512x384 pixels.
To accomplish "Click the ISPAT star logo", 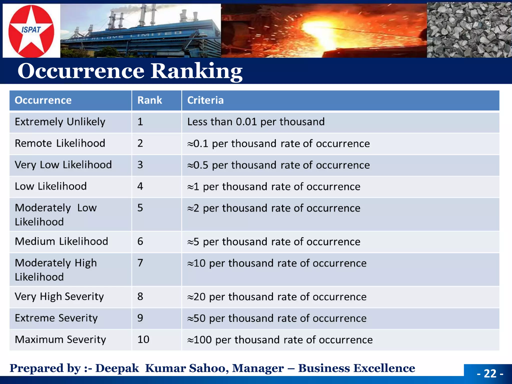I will coord(31,31).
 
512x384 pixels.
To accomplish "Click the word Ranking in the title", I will coord(196,71).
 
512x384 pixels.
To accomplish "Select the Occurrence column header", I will coord(43,100).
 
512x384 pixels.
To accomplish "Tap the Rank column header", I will coord(150,100).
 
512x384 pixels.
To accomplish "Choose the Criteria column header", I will coord(205,100).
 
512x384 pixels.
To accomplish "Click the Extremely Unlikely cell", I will coord(60,122).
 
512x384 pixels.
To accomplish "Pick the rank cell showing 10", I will coord(143,339).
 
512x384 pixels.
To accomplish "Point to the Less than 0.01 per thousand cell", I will coord(256,122).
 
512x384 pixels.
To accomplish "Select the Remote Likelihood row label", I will coord(60,143).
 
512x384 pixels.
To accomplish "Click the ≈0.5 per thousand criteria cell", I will coord(278,165).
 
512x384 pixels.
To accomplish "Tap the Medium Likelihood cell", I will coord(61,241).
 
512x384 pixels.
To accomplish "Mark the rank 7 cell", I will coord(140,263).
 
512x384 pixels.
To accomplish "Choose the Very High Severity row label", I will coord(59,297).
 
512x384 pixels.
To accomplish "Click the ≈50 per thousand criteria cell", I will coord(277,318).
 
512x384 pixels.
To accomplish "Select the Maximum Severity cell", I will coord(60,340).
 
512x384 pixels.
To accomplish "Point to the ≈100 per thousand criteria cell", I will coord(280,340).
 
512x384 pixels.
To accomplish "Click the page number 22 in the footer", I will coord(490,373).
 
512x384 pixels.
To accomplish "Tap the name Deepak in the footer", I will coord(117,368).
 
